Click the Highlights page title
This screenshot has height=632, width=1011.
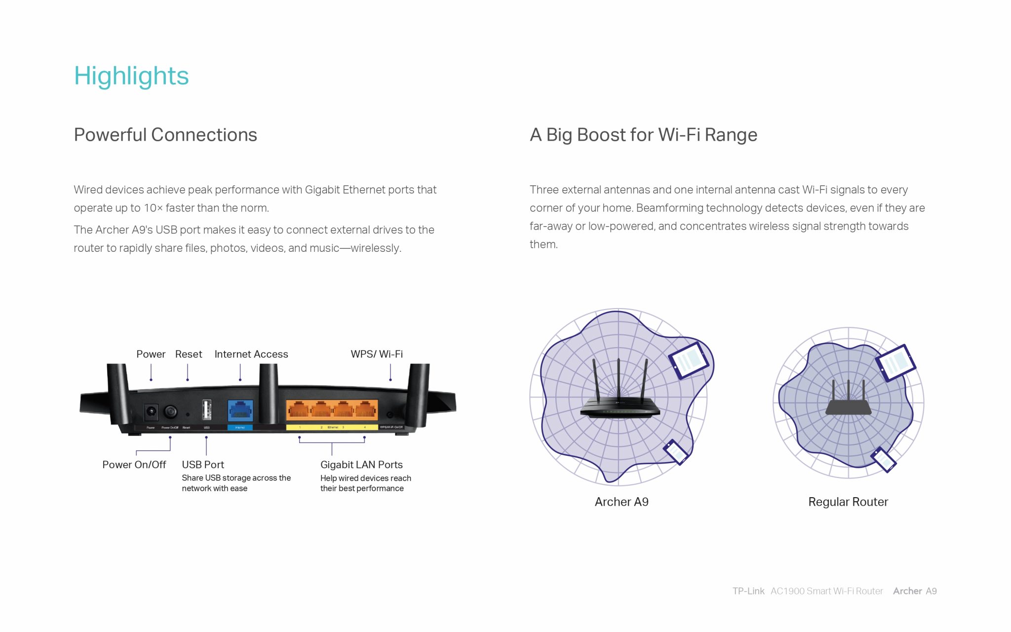131,76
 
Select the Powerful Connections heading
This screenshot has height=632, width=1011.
165,135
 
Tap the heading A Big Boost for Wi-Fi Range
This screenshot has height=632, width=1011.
643,135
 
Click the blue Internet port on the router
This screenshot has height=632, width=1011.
240,410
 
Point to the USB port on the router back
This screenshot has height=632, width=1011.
207,410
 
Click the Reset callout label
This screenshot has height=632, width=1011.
189,354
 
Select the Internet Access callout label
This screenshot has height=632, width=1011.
251,354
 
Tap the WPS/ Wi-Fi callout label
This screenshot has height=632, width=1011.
377,354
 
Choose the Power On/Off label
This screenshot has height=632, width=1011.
134,465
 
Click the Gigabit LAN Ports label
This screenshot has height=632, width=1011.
361,465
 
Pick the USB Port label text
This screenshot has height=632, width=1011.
203,465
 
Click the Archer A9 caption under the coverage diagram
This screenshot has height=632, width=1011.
622,502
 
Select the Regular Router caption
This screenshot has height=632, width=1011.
848,502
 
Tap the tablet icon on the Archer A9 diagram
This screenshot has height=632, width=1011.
689,360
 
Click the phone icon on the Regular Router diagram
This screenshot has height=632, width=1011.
884,460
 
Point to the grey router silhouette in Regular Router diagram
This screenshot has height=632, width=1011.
848,402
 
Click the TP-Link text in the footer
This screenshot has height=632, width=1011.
748,591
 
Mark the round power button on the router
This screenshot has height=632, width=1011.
170,411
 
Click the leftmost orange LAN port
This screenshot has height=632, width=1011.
298,410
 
